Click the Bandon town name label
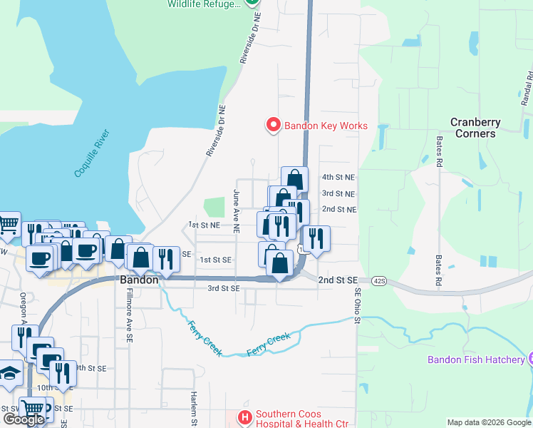coord(138,280)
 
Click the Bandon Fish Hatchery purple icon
coord(529,359)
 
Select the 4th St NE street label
coord(338,176)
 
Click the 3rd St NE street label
coord(338,193)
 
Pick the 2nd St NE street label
coord(338,209)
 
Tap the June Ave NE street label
coord(236,211)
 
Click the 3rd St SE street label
coord(223,288)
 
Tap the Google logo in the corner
coord(24,419)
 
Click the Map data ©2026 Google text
coord(488,422)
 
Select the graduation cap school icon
coord(10,375)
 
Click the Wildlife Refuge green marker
coord(252,2)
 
